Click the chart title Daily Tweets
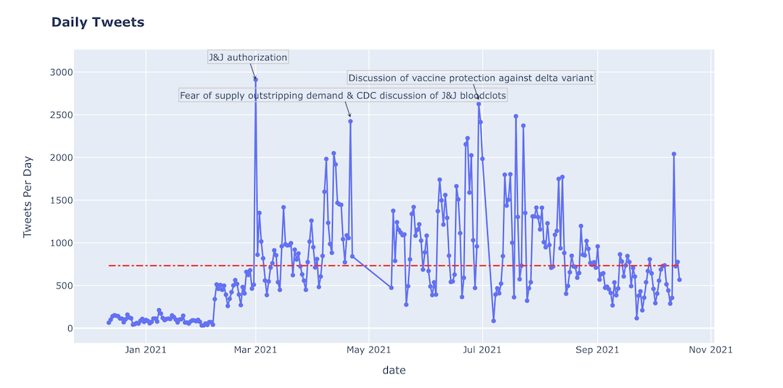[x=98, y=22]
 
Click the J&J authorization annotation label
[x=248, y=57]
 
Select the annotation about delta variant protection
[x=471, y=78]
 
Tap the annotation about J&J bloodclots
[x=343, y=96]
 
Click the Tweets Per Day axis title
[x=28, y=197]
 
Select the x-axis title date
[x=394, y=371]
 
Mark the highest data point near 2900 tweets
[x=255, y=80]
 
